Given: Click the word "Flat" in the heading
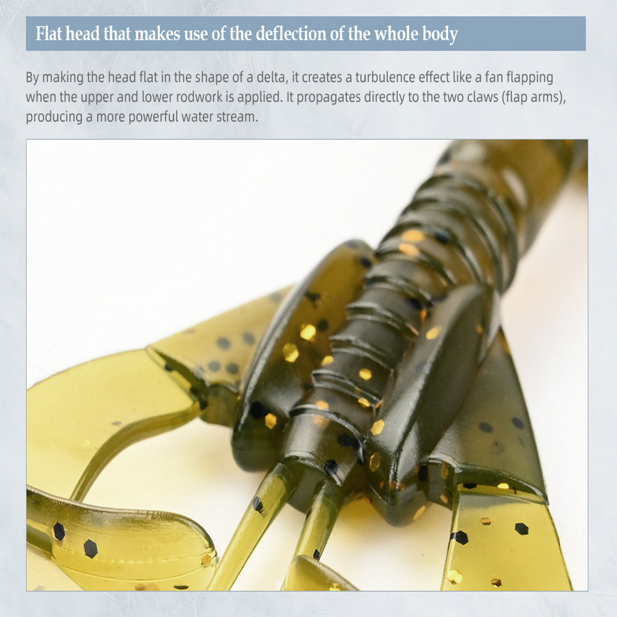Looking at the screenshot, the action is tap(49, 34).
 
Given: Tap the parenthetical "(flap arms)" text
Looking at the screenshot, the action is tap(534, 97).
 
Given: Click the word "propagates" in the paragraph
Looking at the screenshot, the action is tap(329, 97).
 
